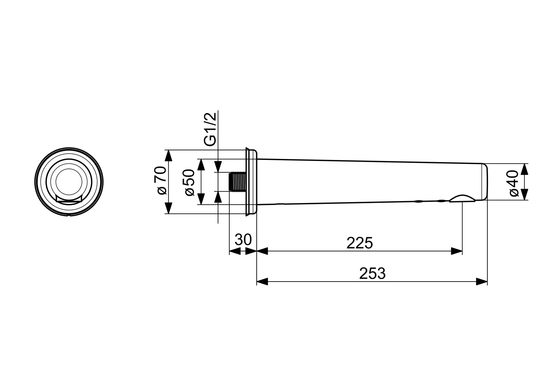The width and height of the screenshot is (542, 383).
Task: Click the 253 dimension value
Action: pyautogui.click(x=372, y=273)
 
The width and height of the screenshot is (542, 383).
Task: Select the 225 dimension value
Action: pyautogui.click(x=359, y=243)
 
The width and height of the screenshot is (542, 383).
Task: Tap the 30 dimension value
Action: pyautogui.click(x=243, y=240)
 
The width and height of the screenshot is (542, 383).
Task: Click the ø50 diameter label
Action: pyautogui.click(x=190, y=182)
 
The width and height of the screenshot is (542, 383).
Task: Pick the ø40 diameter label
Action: pyautogui.click(x=514, y=183)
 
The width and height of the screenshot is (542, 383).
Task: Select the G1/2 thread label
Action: pyautogui.click(x=210, y=129)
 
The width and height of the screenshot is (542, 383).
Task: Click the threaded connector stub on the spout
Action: pyautogui.click(x=237, y=182)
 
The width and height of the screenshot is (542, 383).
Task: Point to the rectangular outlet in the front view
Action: pyautogui.click(x=69, y=200)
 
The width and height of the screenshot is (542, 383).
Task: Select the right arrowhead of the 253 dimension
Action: pyautogui.click(x=482, y=282)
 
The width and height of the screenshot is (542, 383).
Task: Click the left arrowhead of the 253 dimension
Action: pyautogui.click(x=262, y=282)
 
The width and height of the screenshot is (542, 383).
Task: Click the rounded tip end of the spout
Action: pyautogui.click(x=484, y=182)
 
